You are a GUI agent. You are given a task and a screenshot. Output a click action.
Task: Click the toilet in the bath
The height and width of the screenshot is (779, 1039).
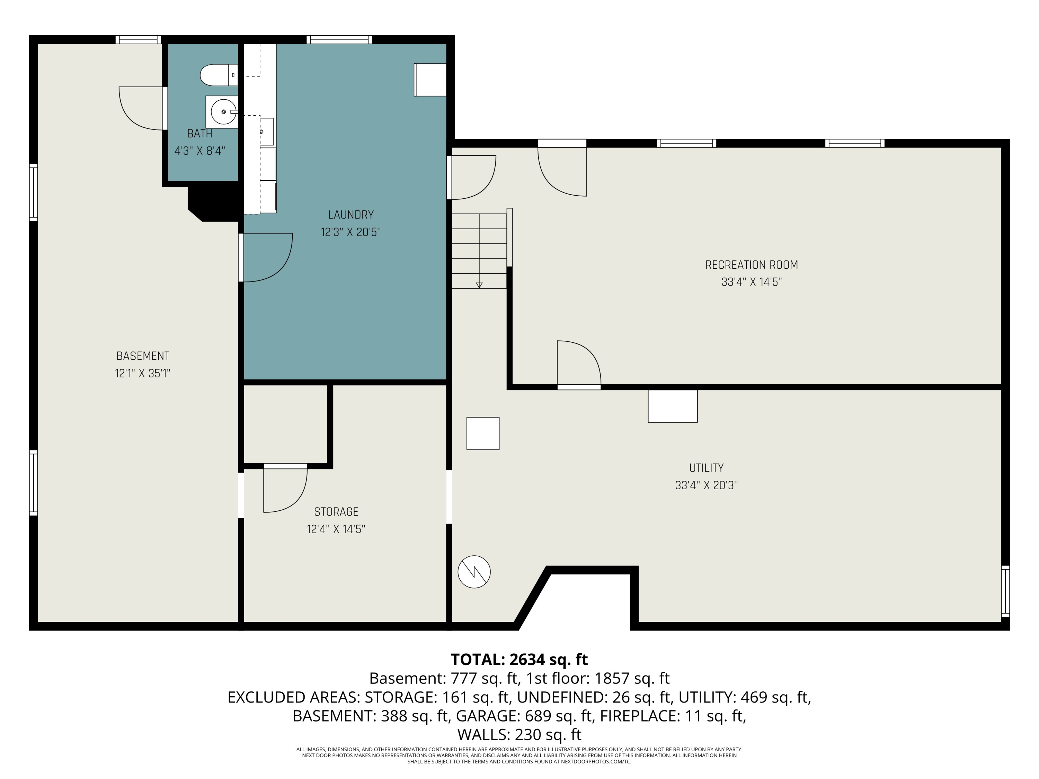[x=219, y=75]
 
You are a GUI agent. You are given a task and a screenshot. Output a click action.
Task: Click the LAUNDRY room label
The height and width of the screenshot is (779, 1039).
[x=351, y=215]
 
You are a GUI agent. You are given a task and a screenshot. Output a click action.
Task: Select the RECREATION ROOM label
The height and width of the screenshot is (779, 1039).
[x=752, y=265]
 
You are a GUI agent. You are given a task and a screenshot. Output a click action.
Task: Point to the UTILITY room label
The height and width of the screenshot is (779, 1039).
[x=707, y=468]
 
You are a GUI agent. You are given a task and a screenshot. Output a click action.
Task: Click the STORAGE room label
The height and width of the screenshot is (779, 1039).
[x=336, y=512]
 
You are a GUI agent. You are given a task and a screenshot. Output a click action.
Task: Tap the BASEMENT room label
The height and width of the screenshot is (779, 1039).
[x=143, y=356]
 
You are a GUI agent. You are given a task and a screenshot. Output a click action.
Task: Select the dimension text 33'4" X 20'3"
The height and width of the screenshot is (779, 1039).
[x=707, y=485]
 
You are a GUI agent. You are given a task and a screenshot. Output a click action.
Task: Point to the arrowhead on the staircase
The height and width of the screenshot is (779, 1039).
[x=479, y=285]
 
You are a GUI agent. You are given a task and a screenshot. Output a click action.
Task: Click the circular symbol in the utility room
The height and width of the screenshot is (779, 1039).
[x=474, y=572]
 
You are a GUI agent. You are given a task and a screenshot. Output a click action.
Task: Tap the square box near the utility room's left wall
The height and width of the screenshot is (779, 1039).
[x=483, y=433]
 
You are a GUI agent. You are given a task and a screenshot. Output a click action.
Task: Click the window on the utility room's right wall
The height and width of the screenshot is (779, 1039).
[x=1005, y=591]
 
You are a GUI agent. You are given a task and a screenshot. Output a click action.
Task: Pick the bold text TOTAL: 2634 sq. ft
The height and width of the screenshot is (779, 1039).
[x=519, y=659]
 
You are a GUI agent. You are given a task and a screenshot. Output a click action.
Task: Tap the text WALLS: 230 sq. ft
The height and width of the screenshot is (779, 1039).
[x=519, y=734]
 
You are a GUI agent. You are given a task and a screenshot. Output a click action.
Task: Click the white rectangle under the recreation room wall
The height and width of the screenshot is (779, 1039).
[x=673, y=406]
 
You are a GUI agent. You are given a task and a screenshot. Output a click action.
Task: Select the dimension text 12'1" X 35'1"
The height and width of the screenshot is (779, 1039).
[x=143, y=373]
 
